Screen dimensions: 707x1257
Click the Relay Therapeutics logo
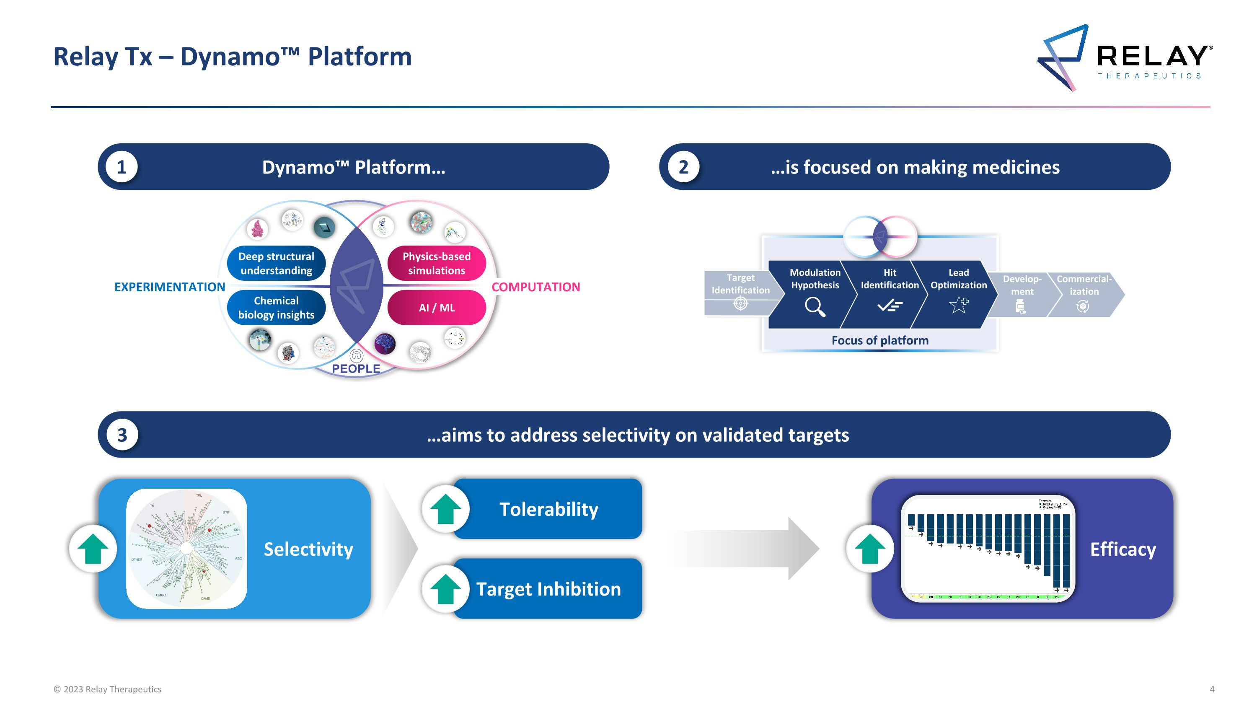[x=1124, y=57]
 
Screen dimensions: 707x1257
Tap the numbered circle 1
[x=122, y=167]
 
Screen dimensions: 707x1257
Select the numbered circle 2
[x=683, y=167]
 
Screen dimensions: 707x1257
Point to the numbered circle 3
[x=122, y=435]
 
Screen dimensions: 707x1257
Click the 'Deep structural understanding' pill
[x=276, y=264]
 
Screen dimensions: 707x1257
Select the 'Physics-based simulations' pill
[x=436, y=264]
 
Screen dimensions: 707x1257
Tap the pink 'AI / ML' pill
[x=436, y=307]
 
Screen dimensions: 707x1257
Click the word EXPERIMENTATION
[x=169, y=287]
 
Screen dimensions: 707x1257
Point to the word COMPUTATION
[x=535, y=287]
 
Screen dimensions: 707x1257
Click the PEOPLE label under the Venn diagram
[x=356, y=369]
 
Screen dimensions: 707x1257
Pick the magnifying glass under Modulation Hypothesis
[x=815, y=307]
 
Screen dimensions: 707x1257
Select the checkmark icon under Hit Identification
[x=890, y=306]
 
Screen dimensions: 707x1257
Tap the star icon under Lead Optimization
[x=959, y=305]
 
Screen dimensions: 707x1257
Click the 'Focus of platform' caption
[x=880, y=341]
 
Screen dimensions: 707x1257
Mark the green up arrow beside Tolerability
[x=445, y=509]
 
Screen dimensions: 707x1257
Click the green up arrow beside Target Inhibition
[x=445, y=589]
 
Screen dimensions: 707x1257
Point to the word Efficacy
[x=1123, y=549]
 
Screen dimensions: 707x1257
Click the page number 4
[x=1212, y=689]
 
